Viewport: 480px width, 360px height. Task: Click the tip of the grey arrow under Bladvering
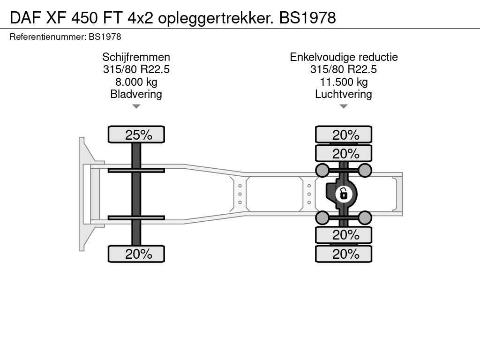(136, 108)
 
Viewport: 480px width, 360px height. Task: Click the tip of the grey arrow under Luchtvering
(344, 108)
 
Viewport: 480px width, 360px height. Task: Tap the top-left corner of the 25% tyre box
(108, 126)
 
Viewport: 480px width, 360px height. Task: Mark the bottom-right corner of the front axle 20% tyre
(165, 262)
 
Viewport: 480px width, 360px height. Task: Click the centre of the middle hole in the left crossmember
(240, 194)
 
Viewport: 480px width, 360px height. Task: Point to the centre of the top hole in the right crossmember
(309, 186)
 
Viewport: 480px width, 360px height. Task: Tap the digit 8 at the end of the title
(331, 18)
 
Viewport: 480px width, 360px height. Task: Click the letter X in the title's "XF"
(51, 18)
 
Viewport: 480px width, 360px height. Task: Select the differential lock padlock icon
(344, 194)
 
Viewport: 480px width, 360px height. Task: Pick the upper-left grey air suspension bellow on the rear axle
(322, 170)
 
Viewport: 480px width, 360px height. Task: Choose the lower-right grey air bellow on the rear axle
(365, 218)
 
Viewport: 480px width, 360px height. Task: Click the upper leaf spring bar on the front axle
(136, 170)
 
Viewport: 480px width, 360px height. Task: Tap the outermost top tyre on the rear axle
(344, 135)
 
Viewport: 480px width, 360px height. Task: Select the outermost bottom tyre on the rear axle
(344, 254)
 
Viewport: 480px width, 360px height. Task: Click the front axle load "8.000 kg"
(136, 82)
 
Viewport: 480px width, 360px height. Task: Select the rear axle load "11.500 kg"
(344, 82)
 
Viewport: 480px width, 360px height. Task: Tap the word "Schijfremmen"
(136, 57)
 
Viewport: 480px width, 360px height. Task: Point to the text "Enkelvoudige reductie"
(344, 57)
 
